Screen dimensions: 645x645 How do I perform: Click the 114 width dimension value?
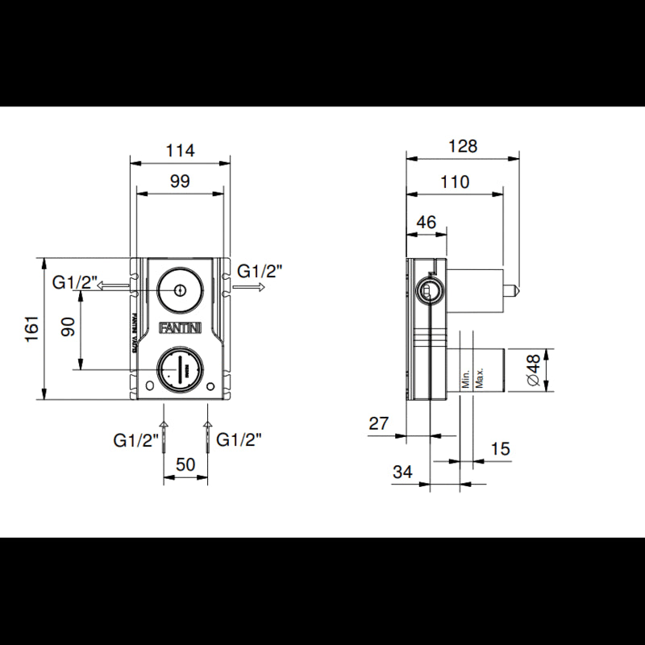point(180,150)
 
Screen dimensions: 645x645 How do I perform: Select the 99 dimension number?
point(180,181)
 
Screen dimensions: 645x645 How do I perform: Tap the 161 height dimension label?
point(31,329)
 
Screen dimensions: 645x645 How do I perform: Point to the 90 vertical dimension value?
point(69,327)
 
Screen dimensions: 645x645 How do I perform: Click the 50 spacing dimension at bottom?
point(185,464)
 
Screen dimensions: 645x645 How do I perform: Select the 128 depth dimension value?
point(464,146)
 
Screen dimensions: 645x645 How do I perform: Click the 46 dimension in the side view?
point(427,222)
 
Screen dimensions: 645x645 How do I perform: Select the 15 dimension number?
point(500,449)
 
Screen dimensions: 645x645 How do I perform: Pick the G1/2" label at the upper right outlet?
point(262,272)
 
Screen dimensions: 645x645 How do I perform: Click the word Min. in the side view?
point(465,378)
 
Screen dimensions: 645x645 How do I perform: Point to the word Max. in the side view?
point(479,378)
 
